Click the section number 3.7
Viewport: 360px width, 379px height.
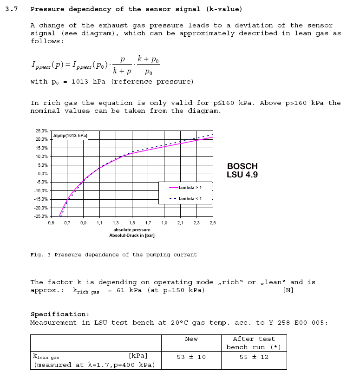point(12,9)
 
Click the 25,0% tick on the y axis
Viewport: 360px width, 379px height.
point(42,131)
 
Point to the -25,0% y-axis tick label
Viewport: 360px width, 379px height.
point(41,216)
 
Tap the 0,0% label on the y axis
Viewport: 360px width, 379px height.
point(43,174)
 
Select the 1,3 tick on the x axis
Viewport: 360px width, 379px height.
point(115,223)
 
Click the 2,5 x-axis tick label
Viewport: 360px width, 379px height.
point(212,223)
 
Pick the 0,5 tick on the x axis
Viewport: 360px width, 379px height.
point(51,223)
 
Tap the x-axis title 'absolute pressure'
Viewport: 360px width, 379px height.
point(132,230)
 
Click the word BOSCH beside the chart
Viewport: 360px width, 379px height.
point(242,166)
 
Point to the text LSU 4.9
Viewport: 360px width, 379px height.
point(242,175)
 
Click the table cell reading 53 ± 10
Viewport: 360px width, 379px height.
point(191,357)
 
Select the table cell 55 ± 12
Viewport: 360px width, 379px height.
point(254,357)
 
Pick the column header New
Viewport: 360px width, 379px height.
point(191,339)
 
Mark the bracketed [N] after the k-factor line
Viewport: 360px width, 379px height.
point(288,290)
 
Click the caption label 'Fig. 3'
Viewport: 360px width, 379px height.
point(40,255)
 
